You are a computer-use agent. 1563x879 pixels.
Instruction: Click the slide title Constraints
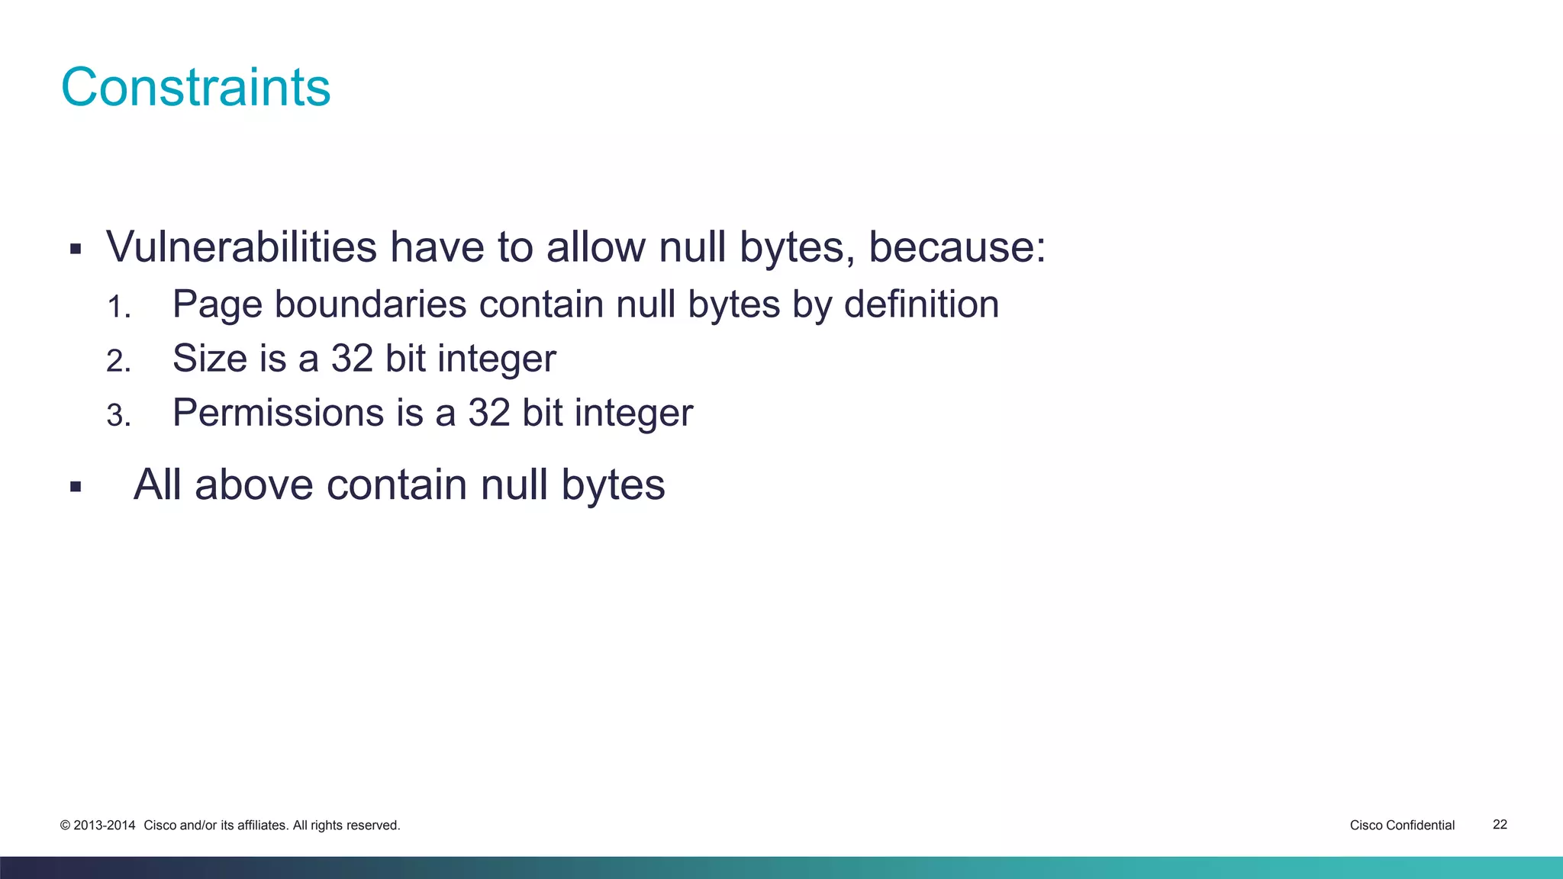pyautogui.click(x=195, y=87)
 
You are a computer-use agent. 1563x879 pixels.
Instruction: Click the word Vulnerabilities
pyautogui.click(x=241, y=247)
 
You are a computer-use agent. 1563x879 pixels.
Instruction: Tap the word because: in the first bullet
pyautogui.click(x=957, y=247)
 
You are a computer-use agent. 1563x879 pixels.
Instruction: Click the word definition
pyautogui.click(x=921, y=304)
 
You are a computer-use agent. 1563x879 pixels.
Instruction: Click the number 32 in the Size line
pyautogui.click(x=352, y=358)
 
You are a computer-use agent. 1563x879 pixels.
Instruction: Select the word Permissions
pyautogui.click(x=278, y=413)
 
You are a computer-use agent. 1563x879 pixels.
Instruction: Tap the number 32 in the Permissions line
pyautogui.click(x=488, y=413)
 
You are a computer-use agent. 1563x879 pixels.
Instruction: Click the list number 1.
pyautogui.click(x=118, y=307)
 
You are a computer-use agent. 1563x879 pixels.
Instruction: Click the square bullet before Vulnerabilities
pyautogui.click(x=75, y=249)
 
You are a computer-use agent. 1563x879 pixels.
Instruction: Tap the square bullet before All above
pyautogui.click(x=75, y=487)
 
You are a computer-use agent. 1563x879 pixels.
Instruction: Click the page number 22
pyautogui.click(x=1500, y=825)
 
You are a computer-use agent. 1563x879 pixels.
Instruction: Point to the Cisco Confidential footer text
pyautogui.click(x=1402, y=826)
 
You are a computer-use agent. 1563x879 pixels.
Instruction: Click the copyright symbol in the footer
pyautogui.click(x=65, y=826)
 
